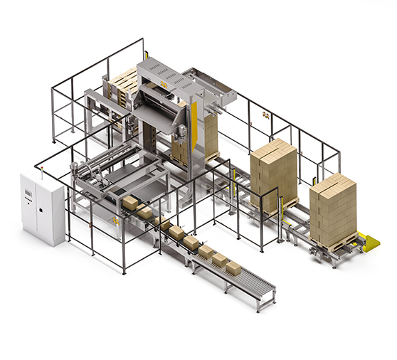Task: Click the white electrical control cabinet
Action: coord(42,207)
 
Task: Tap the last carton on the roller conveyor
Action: coord(233,268)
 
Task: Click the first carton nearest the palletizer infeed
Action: coord(130,203)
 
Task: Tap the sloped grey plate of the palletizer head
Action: coord(157,113)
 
